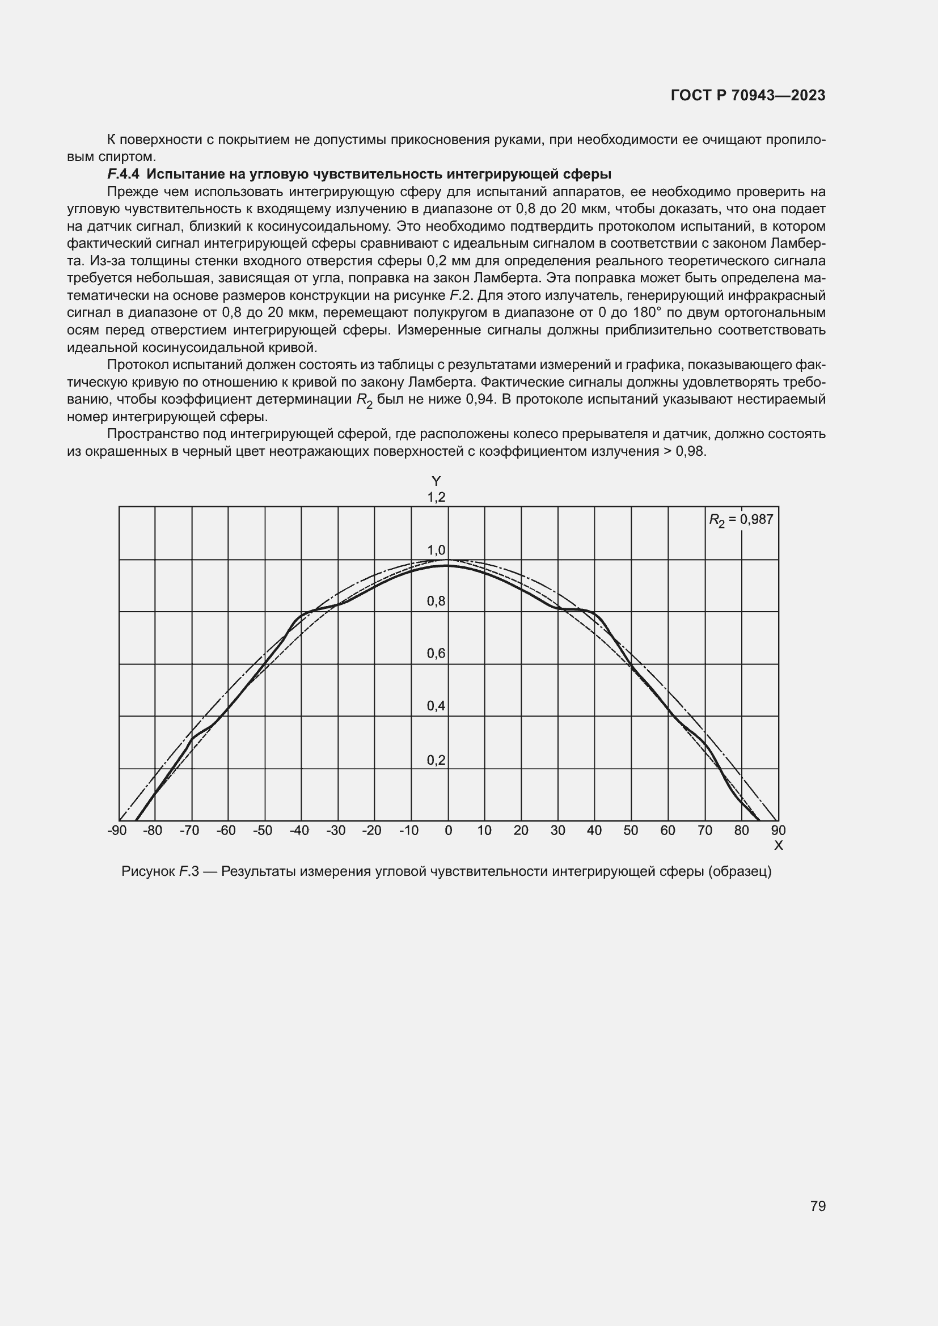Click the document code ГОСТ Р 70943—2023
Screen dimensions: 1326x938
[748, 96]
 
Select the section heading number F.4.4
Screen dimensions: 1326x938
[123, 174]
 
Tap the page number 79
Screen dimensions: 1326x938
[818, 1206]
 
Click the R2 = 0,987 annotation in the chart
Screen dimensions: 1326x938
[741, 520]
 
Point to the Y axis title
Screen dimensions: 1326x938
[436, 481]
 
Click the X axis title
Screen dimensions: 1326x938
[778, 845]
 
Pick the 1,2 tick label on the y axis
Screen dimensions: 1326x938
[436, 497]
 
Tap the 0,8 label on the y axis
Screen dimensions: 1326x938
[436, 601]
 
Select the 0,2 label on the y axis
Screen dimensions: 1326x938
[436, 760]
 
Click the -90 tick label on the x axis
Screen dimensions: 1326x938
[117, 831]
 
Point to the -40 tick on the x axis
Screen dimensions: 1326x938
[299, 831]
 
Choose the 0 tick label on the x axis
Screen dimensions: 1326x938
[448, 831]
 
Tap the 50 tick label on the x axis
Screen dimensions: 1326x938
[631, 831]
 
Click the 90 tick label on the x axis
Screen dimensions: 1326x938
[778, 831]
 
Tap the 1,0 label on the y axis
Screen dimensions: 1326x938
[436, 550]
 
